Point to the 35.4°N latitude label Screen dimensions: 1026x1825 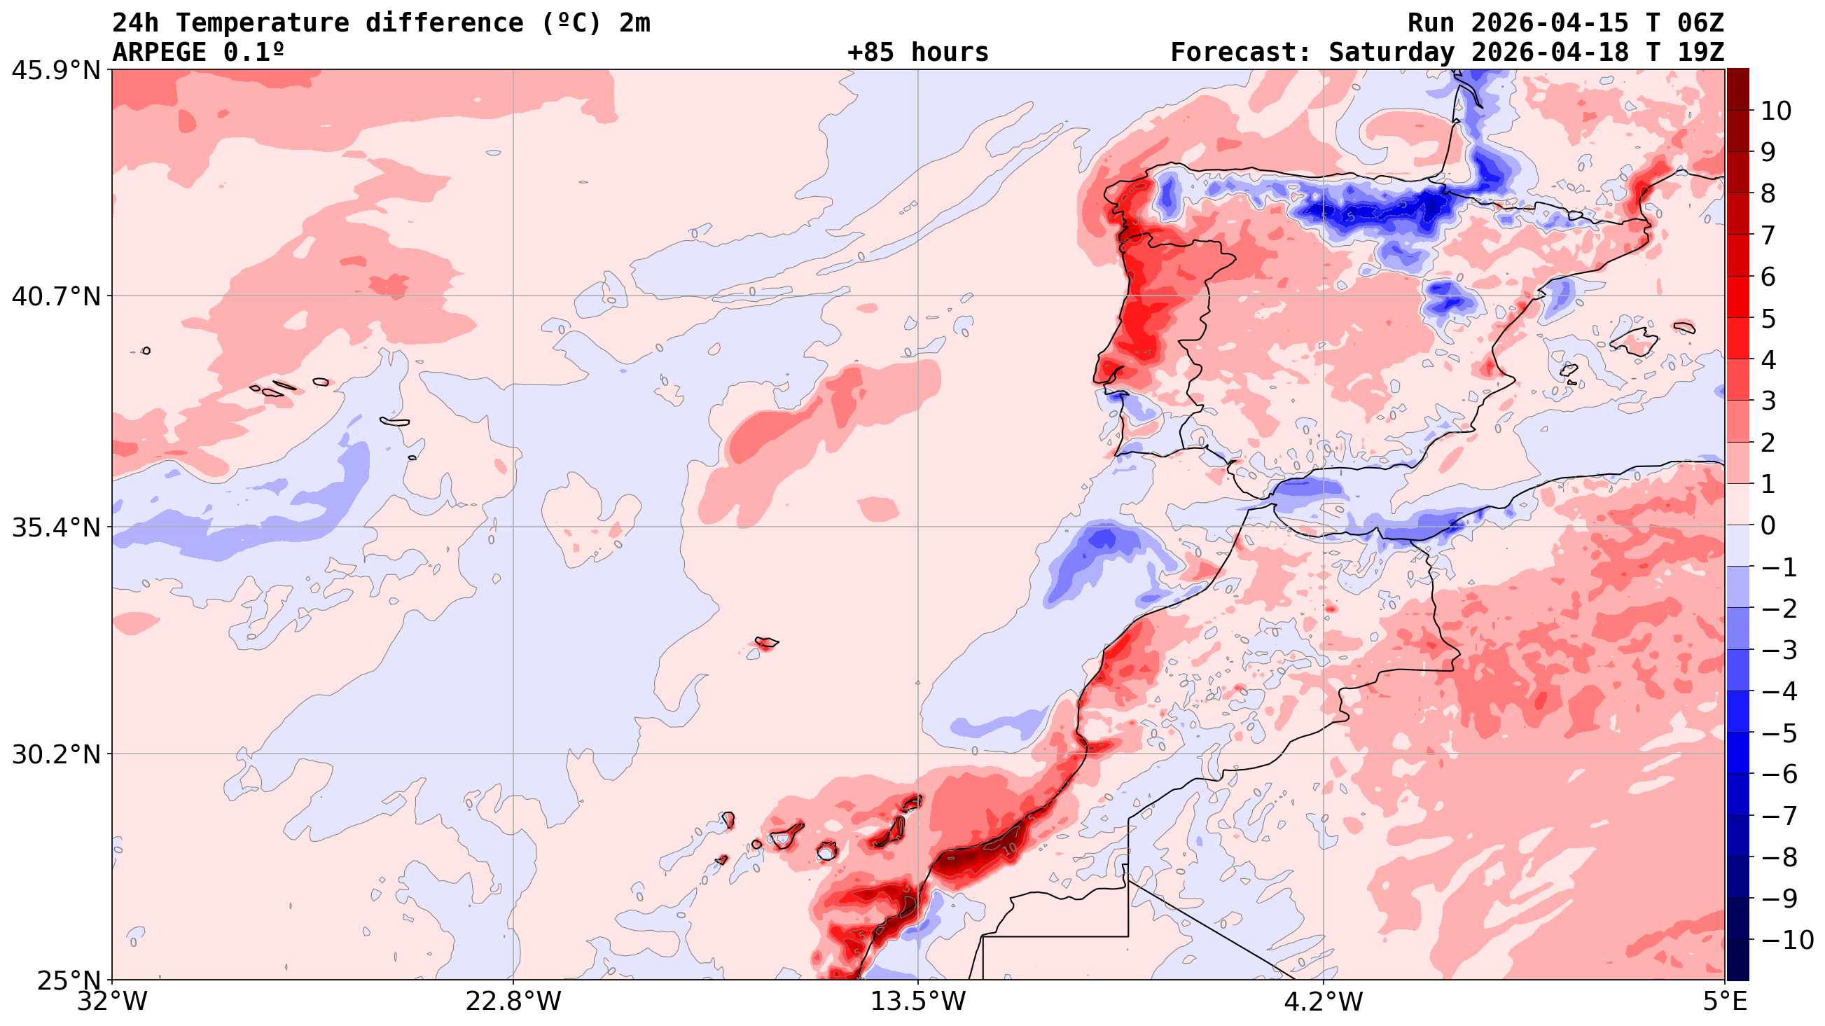pos(55,527)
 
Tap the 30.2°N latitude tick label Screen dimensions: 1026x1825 pos(55,755)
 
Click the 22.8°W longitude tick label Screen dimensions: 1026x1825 pos(513,1002)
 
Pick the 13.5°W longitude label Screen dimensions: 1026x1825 pos(918,1002)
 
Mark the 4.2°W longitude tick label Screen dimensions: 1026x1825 pos(1324,1002)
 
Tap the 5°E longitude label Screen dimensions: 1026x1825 pos(1724,1002)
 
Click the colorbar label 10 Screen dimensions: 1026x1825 pos(1775,111)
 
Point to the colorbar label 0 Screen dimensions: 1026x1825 pos(1768,526)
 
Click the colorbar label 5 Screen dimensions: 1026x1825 pos(1768,319)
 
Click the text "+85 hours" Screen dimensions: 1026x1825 pos(917,53)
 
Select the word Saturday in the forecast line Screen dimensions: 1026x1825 pos(1391,53)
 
